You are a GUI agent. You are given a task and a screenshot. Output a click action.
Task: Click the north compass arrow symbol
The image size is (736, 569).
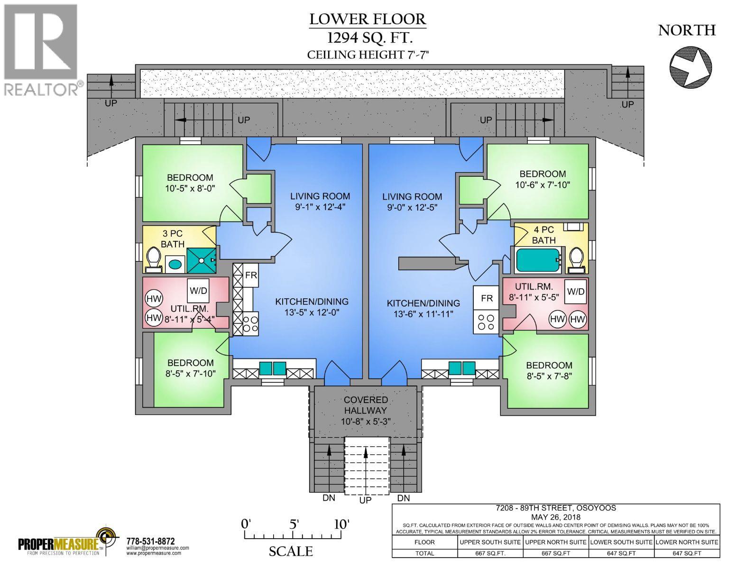tap(691, 68)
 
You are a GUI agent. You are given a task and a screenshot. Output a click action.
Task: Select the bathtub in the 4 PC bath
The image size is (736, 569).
tap(536, 260)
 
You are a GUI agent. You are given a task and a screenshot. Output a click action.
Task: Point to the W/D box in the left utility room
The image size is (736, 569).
tap(198, 290)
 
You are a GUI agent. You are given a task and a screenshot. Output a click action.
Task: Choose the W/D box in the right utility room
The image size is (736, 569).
tap(575, 291)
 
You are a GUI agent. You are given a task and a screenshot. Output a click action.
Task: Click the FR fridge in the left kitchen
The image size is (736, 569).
tap(251, 275)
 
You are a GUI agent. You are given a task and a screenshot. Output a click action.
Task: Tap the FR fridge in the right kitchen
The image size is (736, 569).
tap(487, 299)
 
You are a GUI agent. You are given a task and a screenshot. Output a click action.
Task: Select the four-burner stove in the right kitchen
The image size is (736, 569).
tap(487, 322)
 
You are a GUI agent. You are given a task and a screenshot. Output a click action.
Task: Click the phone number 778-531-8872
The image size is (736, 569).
tap(151, 541)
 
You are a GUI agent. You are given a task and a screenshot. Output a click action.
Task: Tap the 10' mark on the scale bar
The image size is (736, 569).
tap(341, 524)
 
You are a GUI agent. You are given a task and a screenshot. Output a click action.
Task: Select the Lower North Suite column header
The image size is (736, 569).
tap(687, 542)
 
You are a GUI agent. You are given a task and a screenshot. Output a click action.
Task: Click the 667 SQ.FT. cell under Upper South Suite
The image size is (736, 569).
tap(490, 553)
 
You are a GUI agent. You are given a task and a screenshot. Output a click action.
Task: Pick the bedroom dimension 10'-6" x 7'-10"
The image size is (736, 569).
tap(543, 184)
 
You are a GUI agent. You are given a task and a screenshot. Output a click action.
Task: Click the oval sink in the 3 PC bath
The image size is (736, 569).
tap(175, 264)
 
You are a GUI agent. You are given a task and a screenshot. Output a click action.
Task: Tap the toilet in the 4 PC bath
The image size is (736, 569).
tap(577, 260)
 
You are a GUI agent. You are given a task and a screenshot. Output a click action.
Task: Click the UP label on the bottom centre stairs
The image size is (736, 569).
tap(366, 500)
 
